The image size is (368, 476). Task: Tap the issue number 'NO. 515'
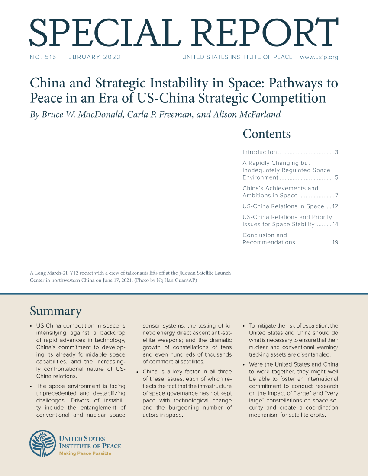pos(42,57)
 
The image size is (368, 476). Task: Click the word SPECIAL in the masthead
pos(87,31)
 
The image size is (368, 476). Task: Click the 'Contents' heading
pos(266,134)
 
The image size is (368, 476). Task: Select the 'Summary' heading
pos(55,311)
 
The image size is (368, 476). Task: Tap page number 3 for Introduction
pos(336,152)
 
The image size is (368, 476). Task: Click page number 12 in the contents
pos(334,206)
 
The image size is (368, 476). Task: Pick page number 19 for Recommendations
pos(335,242)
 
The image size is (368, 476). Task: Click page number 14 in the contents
pos(334,224)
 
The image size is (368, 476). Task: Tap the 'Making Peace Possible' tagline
pos(85,453)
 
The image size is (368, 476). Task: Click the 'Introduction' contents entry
pos(260,152)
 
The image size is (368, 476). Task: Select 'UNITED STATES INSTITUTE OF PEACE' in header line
pos(237,57)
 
